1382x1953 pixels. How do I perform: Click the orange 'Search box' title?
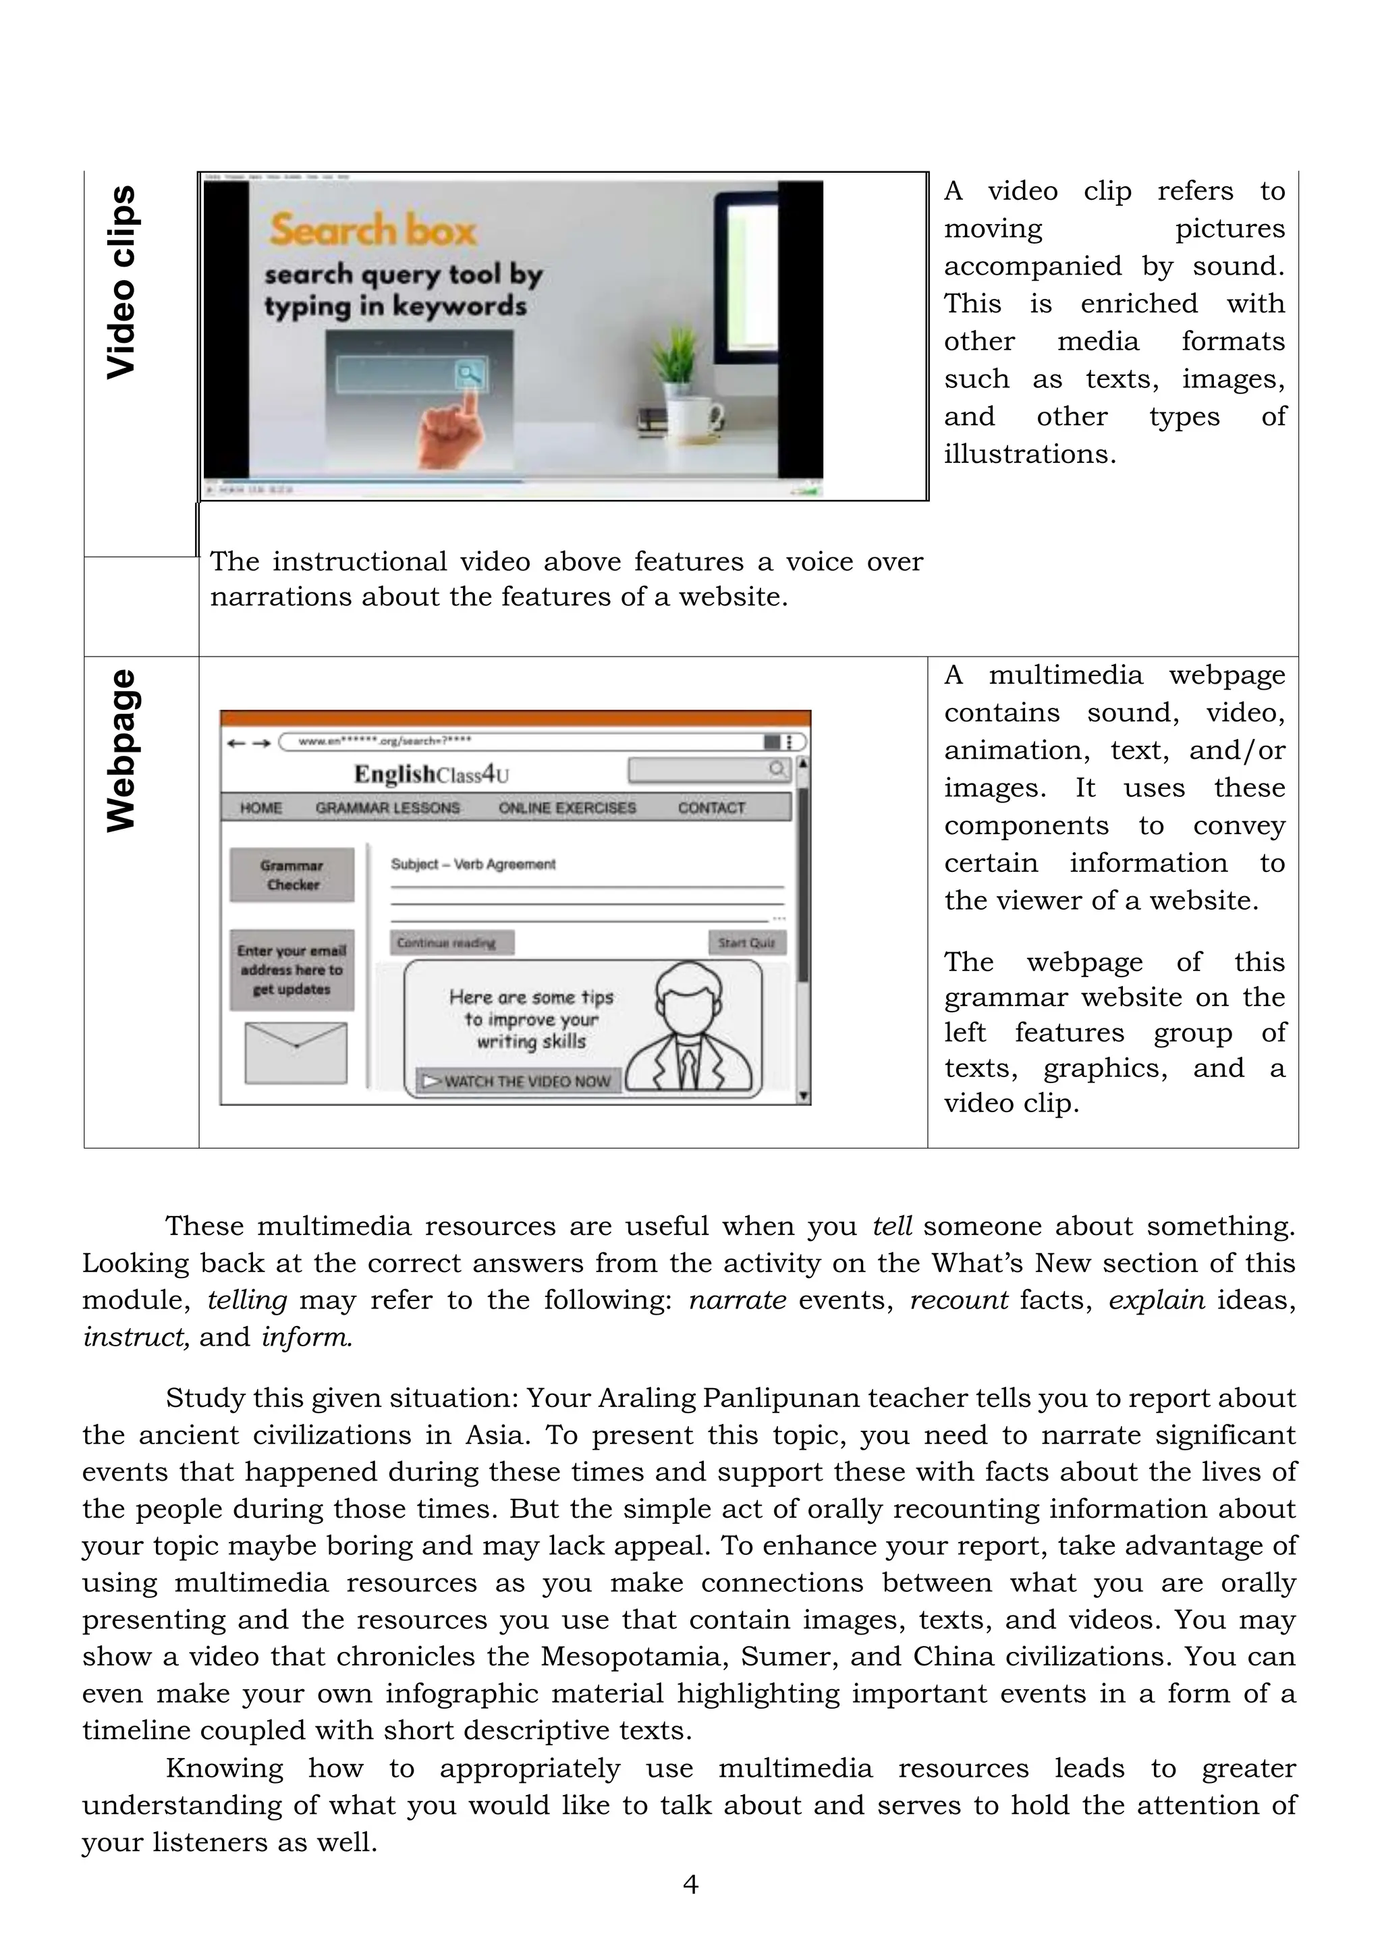(x=372, y=229)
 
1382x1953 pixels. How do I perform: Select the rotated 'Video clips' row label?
(x=121, y=281)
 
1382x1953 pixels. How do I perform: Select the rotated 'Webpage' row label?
(x=121, y=750)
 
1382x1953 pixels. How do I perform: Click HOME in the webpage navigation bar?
(x=260, y=808)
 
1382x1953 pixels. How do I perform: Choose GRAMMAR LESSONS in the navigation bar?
(x=387, y=808)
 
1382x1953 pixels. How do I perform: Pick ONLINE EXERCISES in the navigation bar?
(x=567, y=808)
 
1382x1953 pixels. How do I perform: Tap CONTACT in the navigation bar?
(x=711, y=808)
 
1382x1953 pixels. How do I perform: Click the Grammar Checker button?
(x=292, y=875)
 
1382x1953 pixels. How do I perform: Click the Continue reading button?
(x=452, y=943)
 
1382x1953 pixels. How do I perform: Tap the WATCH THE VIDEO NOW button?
(x=518, y=1080)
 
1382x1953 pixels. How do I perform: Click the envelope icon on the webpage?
(x=296, y=1053)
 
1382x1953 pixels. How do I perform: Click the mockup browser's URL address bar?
(x=528, y=741)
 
